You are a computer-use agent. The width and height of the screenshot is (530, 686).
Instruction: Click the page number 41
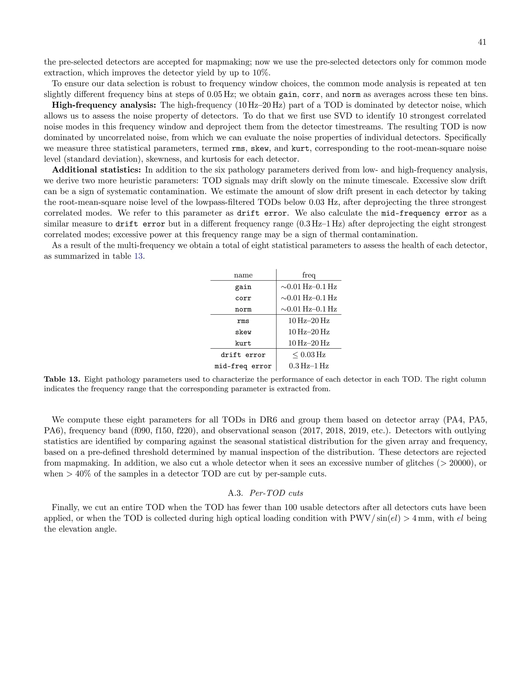click(482, 42)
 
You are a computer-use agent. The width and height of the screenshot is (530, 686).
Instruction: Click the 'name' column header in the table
click(243, 275)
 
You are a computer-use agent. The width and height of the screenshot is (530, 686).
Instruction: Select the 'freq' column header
click(309, 275)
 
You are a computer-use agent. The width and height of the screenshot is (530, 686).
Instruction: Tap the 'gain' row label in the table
click(243, 287)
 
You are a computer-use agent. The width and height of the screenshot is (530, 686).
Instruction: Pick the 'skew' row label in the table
click(243, 332)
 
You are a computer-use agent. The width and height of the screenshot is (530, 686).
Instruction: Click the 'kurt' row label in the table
click(243, 343)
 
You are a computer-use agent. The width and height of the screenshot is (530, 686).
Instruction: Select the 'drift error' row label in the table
click(243, 355)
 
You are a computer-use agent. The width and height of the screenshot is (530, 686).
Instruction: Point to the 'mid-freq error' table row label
click(243, 366)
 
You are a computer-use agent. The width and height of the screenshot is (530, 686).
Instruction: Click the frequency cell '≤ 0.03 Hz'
click(309, 355)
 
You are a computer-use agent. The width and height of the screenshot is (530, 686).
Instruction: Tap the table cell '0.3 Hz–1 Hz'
click(309, 366)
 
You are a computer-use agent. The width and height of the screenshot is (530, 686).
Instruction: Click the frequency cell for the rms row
click(309, 321)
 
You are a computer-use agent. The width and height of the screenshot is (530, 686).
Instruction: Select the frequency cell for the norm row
click(309, 309)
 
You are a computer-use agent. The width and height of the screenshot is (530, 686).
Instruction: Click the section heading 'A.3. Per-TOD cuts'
click(265, 493)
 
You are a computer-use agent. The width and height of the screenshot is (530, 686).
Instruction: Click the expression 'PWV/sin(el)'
click(374, 518)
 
